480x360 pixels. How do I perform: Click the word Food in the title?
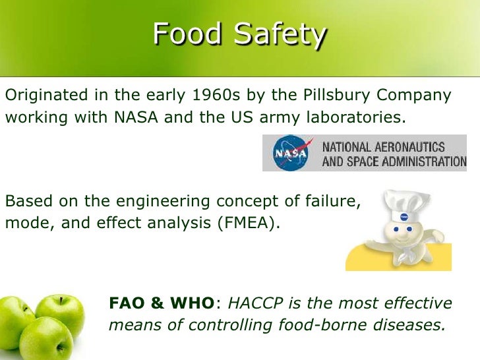186,34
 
